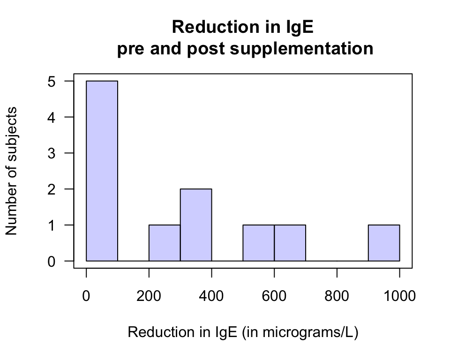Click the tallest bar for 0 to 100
(102, 171)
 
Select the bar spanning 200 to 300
(165, 243)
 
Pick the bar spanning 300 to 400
(196, 225)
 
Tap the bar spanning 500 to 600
(258, 243)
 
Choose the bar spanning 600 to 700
(290, 243)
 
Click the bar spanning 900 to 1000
(384, 243)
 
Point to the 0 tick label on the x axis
(86, 296)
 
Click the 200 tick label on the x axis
(149, 296)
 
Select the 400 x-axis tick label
(211, 296)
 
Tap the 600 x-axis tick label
(274, 296)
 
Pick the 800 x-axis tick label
(337, 296)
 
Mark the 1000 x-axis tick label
(399, 296)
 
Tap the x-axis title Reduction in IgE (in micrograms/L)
(243, 332)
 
